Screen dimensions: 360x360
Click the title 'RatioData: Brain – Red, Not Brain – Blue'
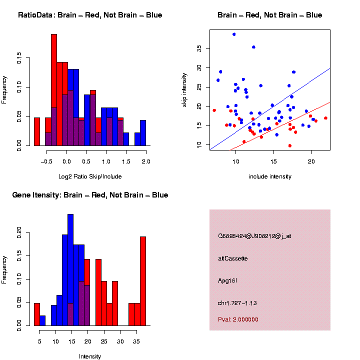coord(90,15)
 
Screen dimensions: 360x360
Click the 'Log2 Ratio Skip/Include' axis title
coord(90,176)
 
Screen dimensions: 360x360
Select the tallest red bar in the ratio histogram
coord(54,90)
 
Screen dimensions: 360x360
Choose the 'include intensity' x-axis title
coord(270,176)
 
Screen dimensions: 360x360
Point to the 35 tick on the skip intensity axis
coord(199,48)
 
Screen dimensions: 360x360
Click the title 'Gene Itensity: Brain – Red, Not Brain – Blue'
coord(90,195)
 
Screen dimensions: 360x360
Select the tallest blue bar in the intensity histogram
coord(70,270)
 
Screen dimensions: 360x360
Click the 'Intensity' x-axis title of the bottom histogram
coord(90,356)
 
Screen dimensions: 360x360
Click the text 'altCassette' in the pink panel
coord(233,258)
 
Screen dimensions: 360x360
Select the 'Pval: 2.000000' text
coord(238,319)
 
